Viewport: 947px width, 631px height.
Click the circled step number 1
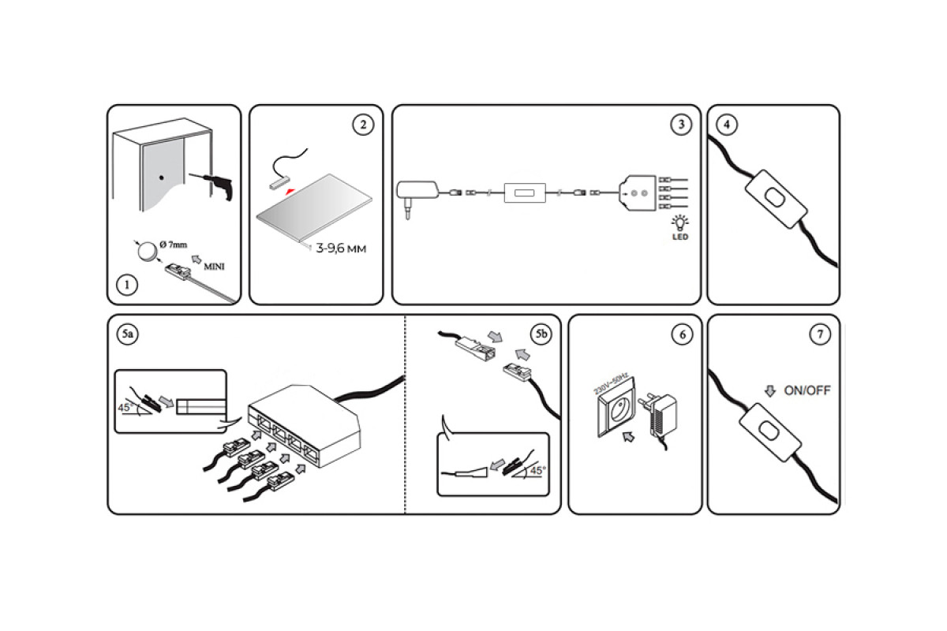(126, 285)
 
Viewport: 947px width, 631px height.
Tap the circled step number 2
(361, 125)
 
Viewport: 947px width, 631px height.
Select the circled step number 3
(680, 125)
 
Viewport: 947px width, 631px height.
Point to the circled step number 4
(726, 125)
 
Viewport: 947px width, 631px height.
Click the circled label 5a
(127, 334)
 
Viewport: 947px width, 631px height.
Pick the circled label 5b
(541, 334)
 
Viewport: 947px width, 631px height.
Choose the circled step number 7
(820, 334)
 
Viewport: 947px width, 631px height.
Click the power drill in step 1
(216, 185)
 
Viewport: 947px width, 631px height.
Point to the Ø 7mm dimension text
(173, 244)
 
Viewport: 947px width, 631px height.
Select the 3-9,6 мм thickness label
(341, 248)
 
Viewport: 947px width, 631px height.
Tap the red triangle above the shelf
(292, 191)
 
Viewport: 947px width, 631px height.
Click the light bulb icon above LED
(678, 222)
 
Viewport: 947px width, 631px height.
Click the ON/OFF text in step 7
(807, 390)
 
